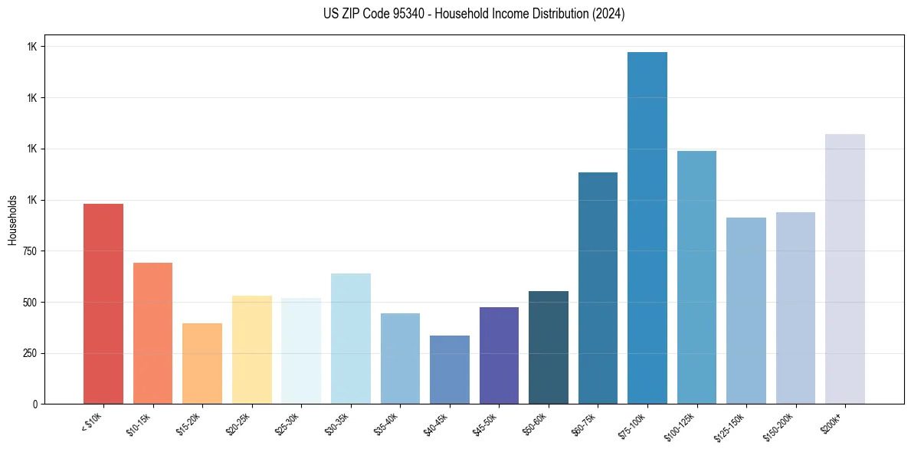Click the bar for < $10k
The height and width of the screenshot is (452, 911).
(103, 303)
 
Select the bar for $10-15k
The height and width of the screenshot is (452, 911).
(152, 333)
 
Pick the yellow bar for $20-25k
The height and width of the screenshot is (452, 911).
(251, 349)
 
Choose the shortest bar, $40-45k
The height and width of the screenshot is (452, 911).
(449, 369)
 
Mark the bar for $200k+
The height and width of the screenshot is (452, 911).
(844, 269)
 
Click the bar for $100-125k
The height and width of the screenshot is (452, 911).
(696, 277)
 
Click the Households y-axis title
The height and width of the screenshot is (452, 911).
(12, 220)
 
